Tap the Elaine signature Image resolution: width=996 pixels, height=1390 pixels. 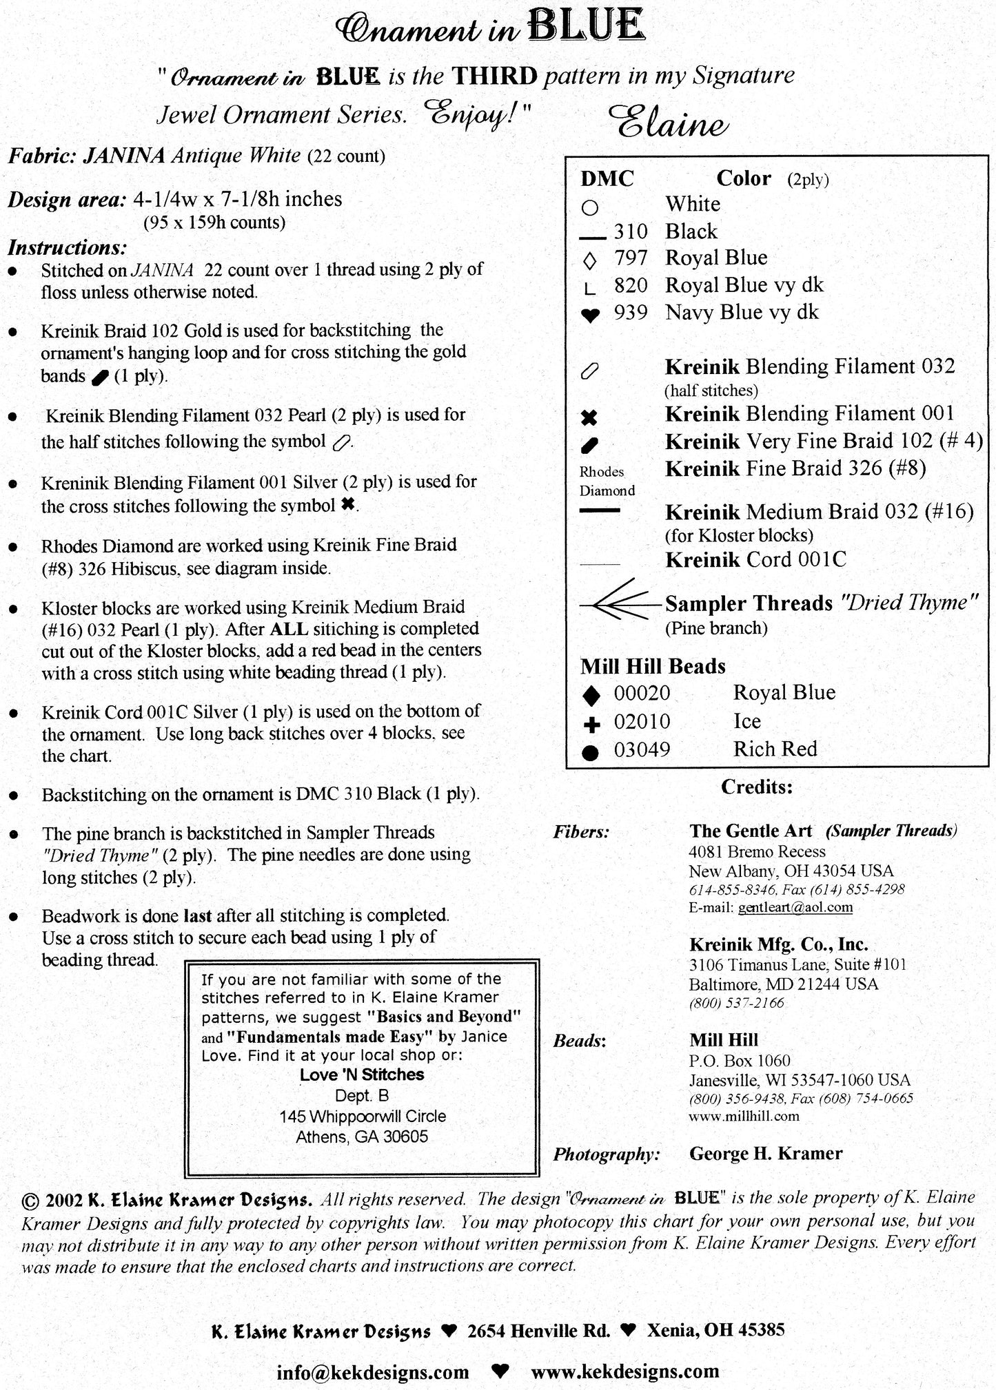point(669,124)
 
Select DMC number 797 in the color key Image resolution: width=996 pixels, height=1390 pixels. point(630,258)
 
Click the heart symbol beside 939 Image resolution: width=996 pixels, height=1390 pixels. point(589,315)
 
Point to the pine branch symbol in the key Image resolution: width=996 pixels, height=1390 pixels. point(619,604)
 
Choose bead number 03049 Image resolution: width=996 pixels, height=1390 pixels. point(642,749)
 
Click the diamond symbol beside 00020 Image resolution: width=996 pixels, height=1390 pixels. point(591,696)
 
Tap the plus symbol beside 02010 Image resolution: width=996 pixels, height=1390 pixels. point(591,724)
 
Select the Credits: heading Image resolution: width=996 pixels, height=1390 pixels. point(756,787)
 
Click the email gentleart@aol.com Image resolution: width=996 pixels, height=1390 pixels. point(795,907)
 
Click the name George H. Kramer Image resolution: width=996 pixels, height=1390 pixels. point(765,1154)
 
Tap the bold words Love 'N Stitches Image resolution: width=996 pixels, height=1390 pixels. point(362,1075)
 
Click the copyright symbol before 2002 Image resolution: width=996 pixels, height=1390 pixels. point(30,1201)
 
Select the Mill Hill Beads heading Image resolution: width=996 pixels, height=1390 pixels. point(653,667)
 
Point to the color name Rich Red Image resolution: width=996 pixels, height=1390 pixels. point(775,749)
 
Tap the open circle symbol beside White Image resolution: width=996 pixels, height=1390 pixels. point(590,207)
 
